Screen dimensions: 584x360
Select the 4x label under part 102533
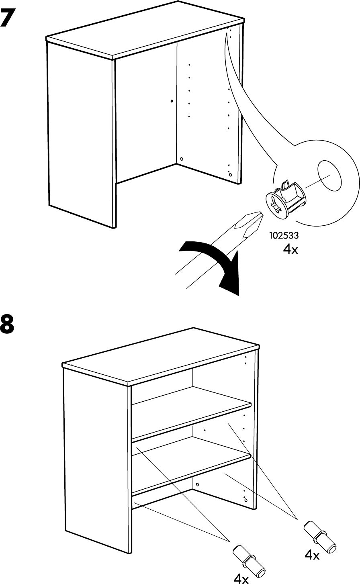click(x=290, y=249)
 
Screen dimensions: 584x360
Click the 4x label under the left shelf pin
click(x=241, y=579)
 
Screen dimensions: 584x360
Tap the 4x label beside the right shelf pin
click(x=312, y=555)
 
